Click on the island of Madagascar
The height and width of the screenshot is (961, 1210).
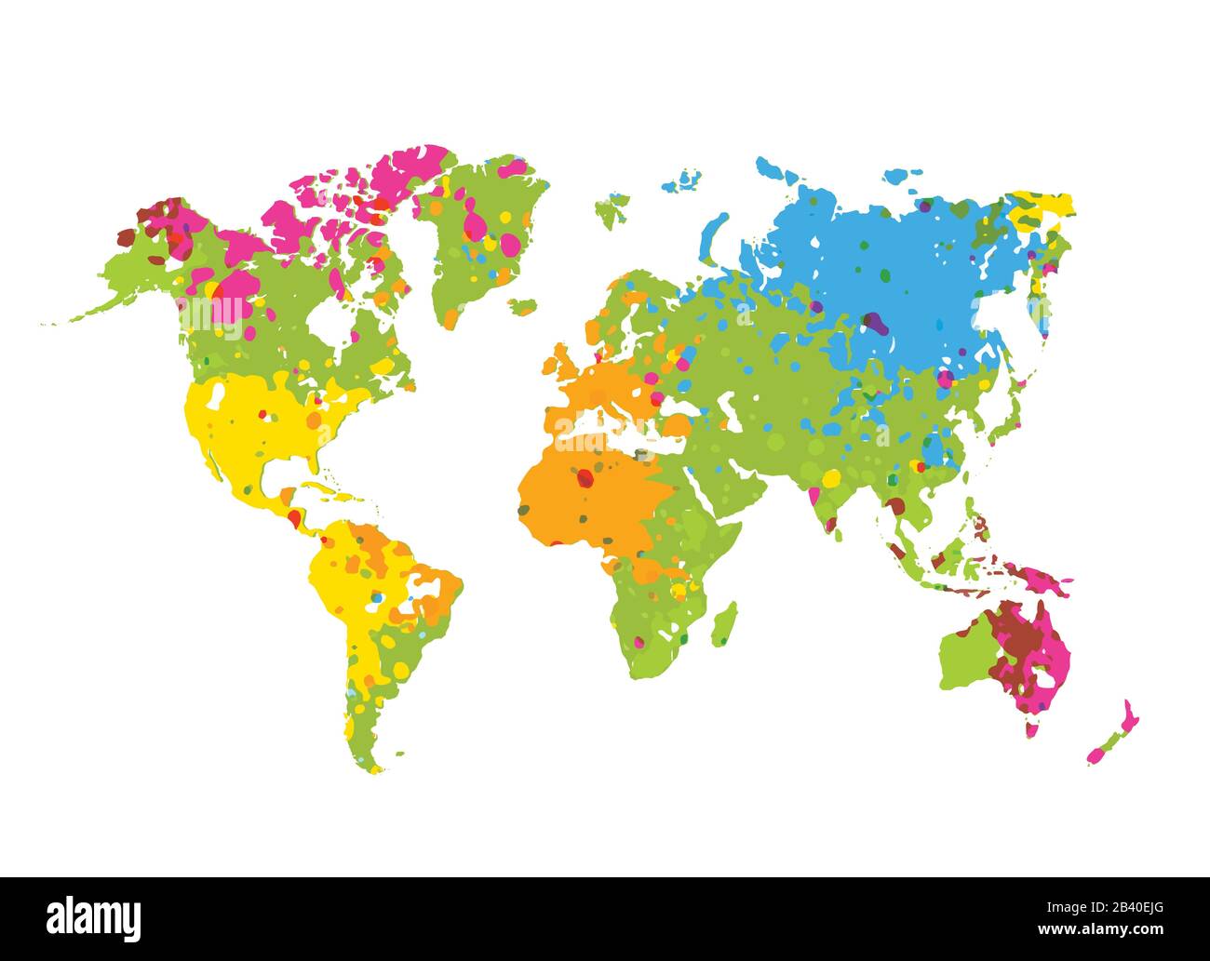click(x=724, y=624)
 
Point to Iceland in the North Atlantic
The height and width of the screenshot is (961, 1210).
click(x=524, y=305)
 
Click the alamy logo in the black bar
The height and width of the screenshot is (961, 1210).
click(x=94, y=917)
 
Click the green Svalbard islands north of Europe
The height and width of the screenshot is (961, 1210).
click(x=610, y=210)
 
